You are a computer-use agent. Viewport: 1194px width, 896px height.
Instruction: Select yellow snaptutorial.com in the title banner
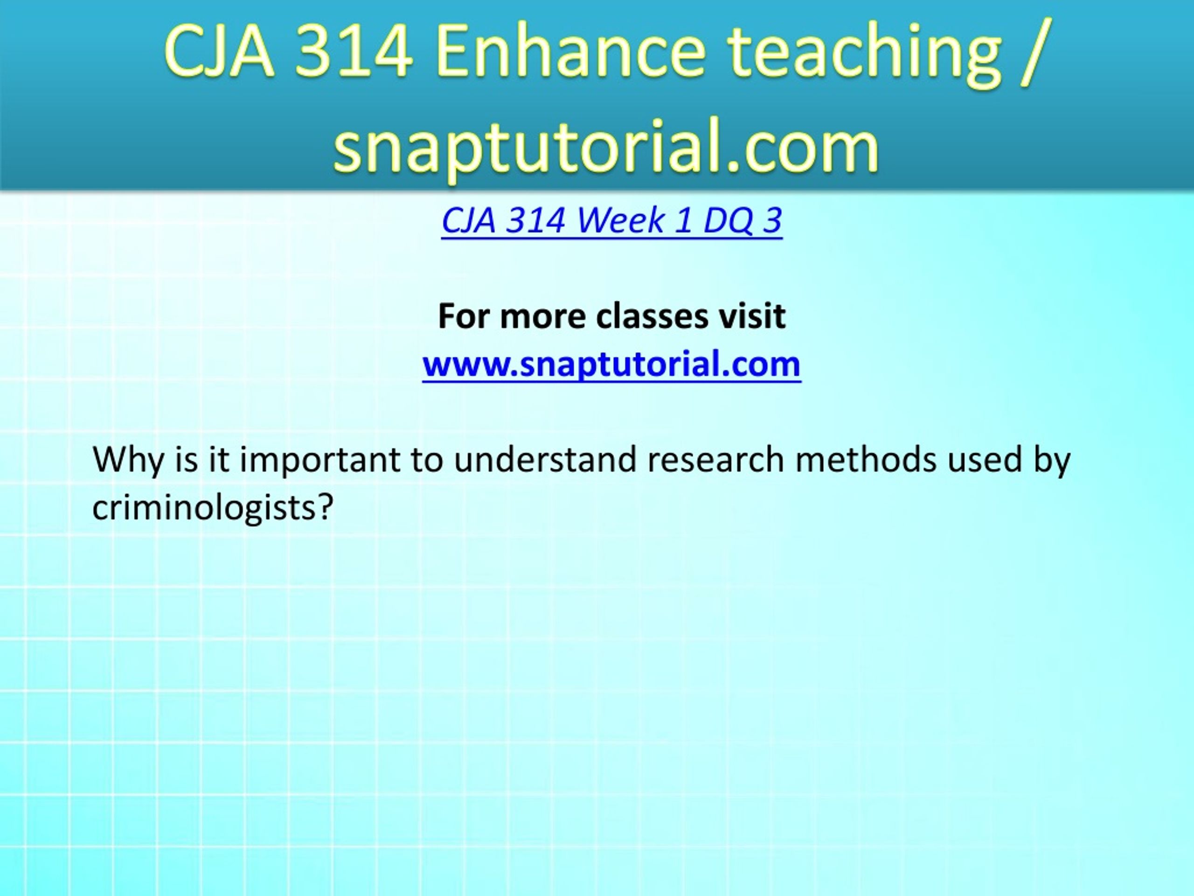606,147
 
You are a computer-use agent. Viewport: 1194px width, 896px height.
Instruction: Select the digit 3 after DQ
772,221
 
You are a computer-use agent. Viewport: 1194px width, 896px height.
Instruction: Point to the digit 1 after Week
683,221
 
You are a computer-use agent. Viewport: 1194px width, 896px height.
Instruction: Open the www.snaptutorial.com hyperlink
611,364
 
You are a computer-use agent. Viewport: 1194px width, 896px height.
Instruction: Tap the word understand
545,460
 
